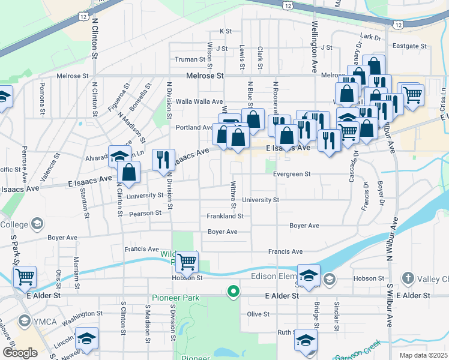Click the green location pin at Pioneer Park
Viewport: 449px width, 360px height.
pos(233,292)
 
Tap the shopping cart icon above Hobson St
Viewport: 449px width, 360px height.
pos(187,262)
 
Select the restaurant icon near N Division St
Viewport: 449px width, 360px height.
pos(163,160)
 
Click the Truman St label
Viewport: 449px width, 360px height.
pos(190,59)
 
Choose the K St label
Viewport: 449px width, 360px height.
pos(226,31)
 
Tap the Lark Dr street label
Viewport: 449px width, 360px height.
pos(370,37)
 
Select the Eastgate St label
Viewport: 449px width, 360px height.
pos(408,46)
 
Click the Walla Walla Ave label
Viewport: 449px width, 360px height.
pos(199,102)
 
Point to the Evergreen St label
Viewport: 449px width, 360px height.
pos(291,174)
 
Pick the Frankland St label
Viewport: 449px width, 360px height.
pos(225,216)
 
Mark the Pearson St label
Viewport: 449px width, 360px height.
pos(146,212)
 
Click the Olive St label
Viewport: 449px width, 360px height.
pos(258,314)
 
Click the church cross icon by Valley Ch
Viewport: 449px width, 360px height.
pos(408,278)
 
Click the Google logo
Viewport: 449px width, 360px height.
pos(20,353)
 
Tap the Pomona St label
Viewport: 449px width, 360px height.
pos(43,98)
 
